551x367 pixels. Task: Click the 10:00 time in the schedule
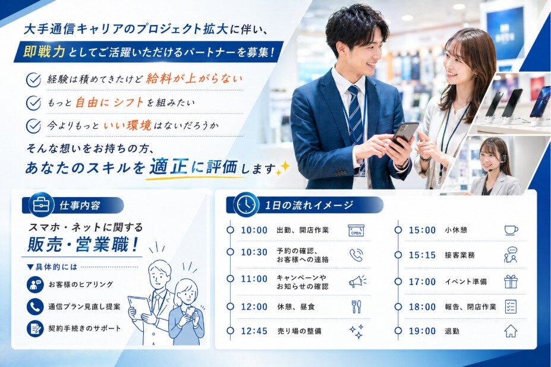[254, 230]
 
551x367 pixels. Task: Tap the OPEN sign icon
[356, 230]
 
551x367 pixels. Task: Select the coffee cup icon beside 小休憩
[511, 230]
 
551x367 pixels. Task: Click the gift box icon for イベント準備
[511, 281]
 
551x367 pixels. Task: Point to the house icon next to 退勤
[511, 331]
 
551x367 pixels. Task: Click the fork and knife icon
[356, 306]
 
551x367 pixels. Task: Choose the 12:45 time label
[254, 331]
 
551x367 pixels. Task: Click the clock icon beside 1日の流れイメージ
[246, 205]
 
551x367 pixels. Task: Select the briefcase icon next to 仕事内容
[41, 205]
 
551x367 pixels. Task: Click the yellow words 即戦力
[44, 52]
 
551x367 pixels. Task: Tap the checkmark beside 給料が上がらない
[34, 80]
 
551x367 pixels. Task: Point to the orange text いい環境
[128, 125]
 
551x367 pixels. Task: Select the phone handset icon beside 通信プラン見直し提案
[35, 307]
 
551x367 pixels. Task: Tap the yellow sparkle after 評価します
[283, 168]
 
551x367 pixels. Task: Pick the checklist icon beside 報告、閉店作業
[511, 306]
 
